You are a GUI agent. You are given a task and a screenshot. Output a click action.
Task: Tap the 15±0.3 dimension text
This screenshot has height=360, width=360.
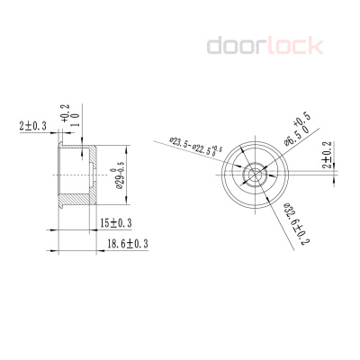pos(116,222)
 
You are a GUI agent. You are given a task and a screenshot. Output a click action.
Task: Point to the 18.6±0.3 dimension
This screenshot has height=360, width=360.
pos(127,244)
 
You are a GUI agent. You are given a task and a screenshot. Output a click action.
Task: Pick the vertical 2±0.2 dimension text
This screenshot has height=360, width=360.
pos(328,155)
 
